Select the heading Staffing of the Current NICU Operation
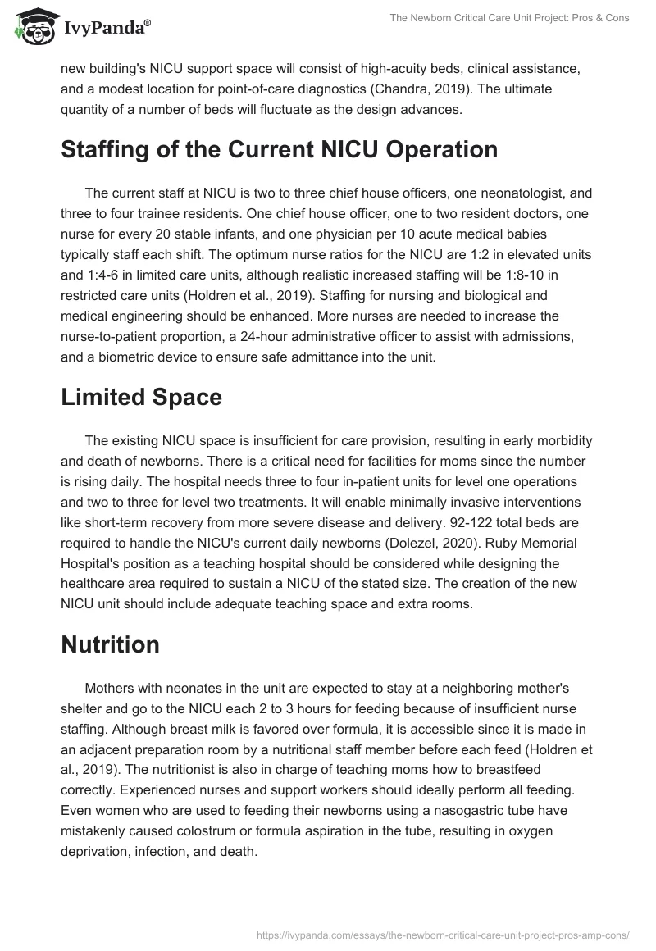click(x=280, y=150)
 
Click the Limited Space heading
click(x=142, y=397)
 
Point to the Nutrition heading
click(x=111, y=644)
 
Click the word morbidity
click(x=557, y=439)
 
